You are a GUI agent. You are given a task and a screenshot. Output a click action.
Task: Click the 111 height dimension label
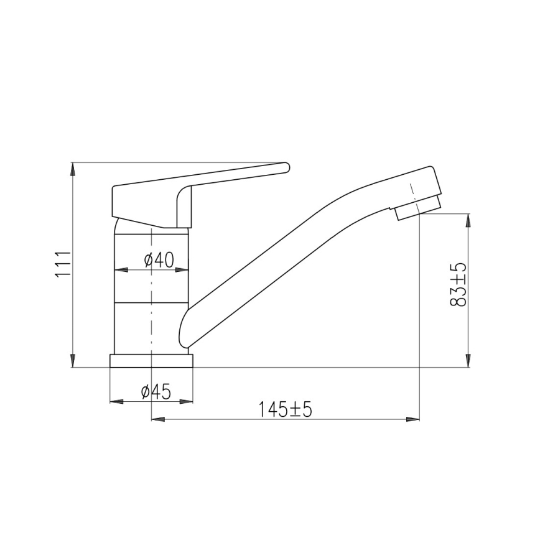63,264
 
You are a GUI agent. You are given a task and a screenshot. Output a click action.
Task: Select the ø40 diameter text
158,260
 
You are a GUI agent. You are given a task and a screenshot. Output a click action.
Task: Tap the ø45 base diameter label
156,391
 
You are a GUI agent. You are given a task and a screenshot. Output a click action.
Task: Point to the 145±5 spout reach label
286,409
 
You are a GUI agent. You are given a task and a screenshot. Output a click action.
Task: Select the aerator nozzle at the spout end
417,208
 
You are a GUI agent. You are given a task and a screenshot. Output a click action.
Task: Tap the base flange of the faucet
152,361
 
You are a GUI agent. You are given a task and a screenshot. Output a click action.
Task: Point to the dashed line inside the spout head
412,192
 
